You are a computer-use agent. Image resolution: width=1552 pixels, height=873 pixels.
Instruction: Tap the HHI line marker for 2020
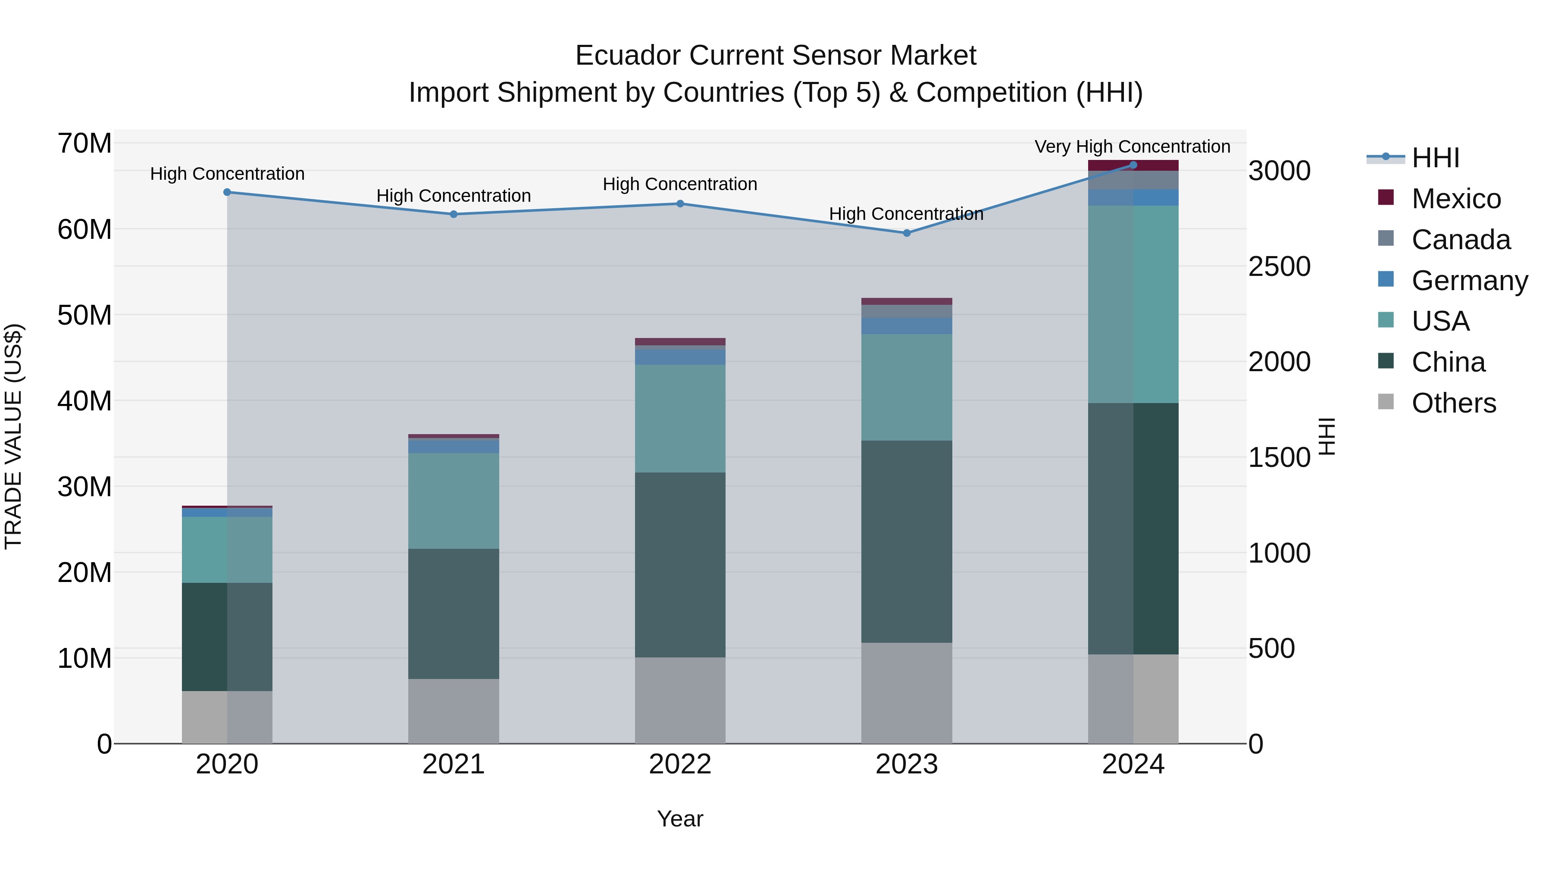coord(227,192)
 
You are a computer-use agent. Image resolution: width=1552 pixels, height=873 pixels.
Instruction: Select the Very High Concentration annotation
coord(1132,147)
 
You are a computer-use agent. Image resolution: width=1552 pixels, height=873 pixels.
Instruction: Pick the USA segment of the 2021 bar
coord(453,501)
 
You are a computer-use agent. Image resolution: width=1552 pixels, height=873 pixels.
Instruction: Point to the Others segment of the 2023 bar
coord(906,693)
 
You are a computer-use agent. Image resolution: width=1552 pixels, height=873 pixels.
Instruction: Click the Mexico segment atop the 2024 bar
coord(1133,166)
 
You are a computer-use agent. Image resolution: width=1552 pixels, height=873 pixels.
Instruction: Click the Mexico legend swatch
coord(1386,197)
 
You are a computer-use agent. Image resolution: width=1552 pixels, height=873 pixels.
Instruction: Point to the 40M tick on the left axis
coord(84,401)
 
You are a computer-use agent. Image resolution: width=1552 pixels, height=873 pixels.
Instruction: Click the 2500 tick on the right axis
coord(1279,266)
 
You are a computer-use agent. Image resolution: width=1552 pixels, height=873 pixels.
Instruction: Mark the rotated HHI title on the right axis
coord(1327,436)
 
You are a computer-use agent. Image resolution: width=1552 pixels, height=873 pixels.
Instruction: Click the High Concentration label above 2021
coord(453,196)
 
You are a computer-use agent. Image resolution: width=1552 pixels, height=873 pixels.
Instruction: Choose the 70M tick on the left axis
coord(84,144)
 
